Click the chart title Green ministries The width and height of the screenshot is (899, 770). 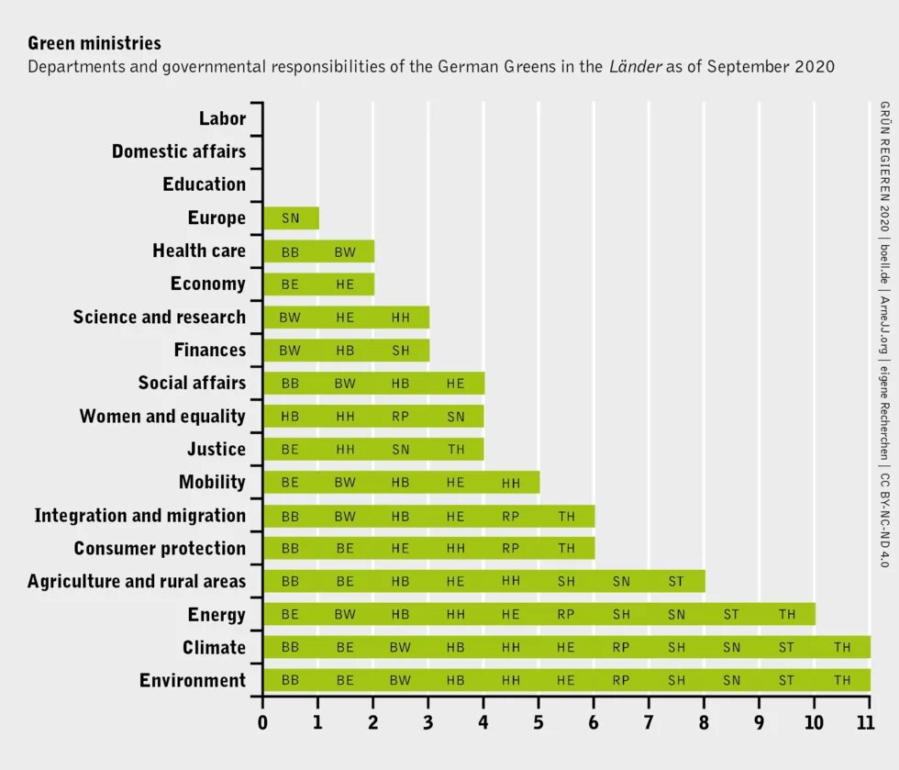94,43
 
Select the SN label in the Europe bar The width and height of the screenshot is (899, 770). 290,218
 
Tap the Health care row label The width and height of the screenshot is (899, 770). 199,251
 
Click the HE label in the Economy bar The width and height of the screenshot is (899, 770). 345,285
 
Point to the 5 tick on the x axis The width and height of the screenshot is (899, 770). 538,722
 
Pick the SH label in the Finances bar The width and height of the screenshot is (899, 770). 401,351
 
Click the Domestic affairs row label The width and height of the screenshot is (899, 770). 179,151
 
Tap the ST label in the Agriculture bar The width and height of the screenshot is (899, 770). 676,582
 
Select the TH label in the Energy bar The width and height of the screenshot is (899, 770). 787,615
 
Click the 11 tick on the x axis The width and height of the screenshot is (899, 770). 865,722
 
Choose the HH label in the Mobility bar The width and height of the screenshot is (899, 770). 511,483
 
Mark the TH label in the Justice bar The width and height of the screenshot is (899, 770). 456,450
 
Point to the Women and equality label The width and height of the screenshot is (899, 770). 162,417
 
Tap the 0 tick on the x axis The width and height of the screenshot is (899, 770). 262,722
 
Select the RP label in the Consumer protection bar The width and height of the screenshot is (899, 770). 511,549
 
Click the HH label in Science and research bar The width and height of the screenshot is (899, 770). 401,318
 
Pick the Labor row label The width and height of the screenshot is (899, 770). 222,118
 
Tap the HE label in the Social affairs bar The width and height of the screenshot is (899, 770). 456,384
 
